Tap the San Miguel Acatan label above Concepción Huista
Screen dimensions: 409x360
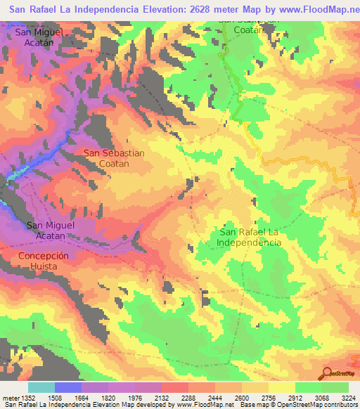50,231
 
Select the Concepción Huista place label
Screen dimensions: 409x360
44,261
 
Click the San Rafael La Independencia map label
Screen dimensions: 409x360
250,237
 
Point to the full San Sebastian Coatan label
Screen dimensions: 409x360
114,157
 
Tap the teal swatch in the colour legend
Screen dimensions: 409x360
41,388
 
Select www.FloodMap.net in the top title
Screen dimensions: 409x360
306,11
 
